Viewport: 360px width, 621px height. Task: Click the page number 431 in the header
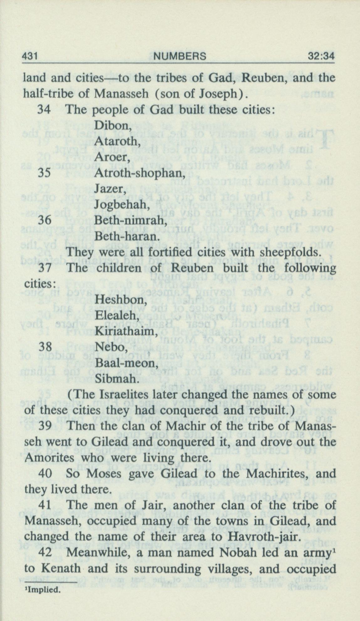[x=30, y=56]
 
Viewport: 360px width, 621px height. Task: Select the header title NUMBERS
[x=180, y=56]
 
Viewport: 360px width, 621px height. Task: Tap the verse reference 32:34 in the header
[x=321, y=56]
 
